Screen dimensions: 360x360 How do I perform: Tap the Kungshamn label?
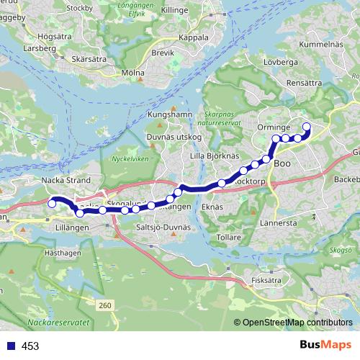tap(167, 114)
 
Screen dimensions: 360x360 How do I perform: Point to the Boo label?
tap(282, 163)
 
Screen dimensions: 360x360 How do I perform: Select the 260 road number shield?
tap(106, 307)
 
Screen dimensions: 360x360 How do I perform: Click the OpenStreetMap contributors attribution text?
tap(297, 323)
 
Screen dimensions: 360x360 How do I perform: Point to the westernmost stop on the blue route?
tap(52, 204)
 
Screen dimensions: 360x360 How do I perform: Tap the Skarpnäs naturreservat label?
tap(221, 118)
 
